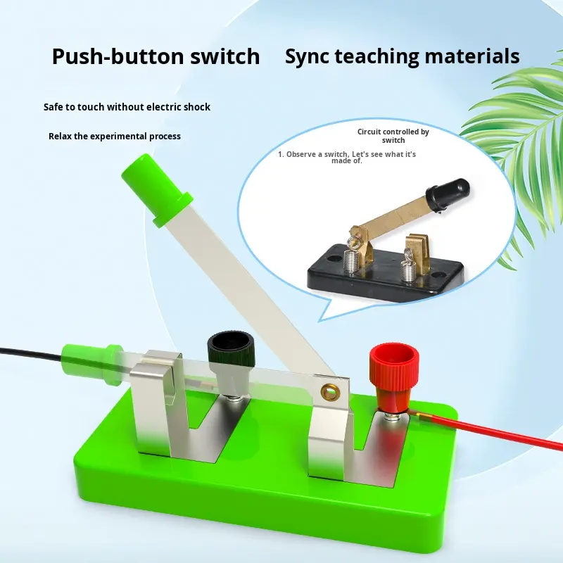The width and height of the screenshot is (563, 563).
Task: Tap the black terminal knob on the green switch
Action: (227, 349)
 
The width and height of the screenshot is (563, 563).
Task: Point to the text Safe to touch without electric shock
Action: (127, 107)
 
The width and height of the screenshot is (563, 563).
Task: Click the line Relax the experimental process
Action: (115, 136)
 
